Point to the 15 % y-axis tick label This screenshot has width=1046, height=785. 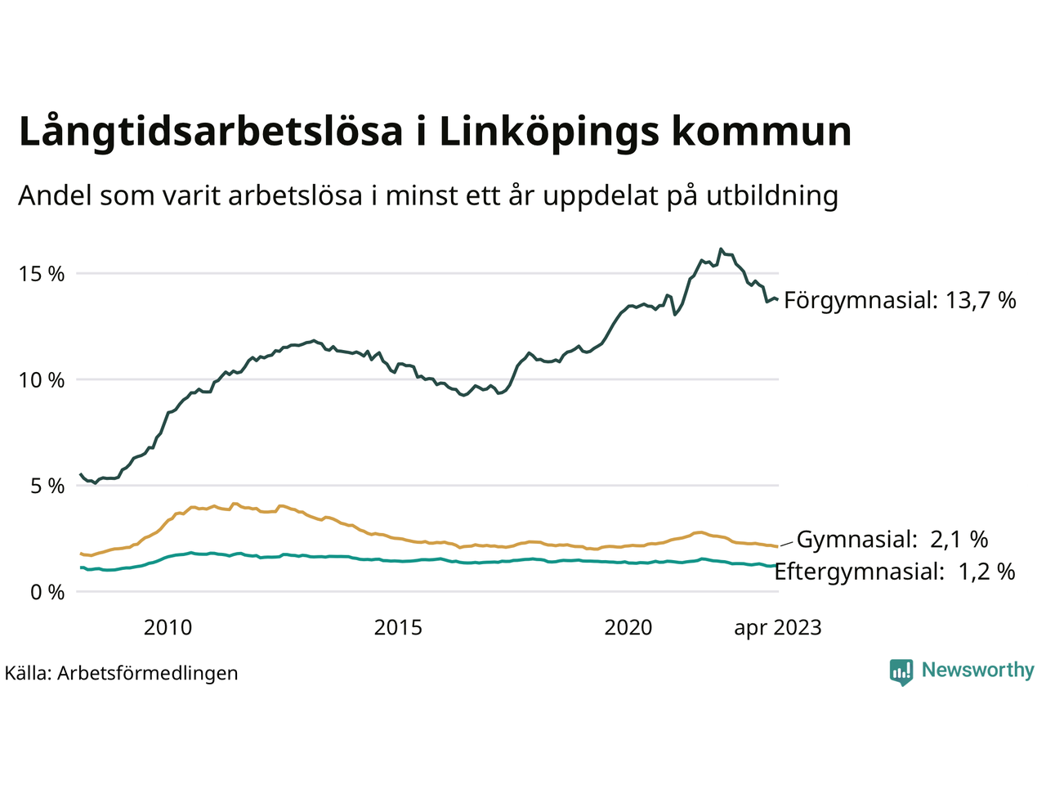coord(42,274)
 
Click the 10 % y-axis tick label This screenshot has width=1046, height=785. coord(42,380)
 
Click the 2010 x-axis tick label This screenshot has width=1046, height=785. coord(168,627)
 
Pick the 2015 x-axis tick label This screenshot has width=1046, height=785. coord(398,627)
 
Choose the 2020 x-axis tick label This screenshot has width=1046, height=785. coord(628,627)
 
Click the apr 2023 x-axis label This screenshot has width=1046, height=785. coord(777,627)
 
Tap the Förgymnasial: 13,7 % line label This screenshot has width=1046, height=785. coord(900,300)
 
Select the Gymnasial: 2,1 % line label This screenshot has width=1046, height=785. coord(892,539)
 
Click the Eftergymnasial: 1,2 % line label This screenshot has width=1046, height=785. coord(895,571)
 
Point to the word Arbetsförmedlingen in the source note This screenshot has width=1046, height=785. coord(148,673)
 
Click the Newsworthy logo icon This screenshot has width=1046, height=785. coord(901,671)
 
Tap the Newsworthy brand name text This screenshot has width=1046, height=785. coord(977,671)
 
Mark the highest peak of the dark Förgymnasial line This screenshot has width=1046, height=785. coord(720,249)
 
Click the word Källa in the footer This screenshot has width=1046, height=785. coord(27,673)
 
